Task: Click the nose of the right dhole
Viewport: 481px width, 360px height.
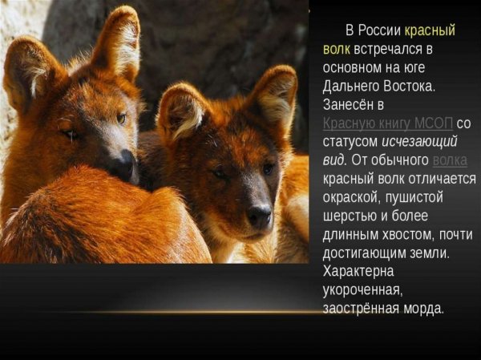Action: (x=259, y=214)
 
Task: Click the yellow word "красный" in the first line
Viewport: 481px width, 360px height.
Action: (x=430, y=30)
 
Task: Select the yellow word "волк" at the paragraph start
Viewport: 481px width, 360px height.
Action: (x=337, y=49)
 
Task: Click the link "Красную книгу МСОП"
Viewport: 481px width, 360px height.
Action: (x=388, y=123)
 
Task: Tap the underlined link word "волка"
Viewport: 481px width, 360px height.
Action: (x=449, y=160)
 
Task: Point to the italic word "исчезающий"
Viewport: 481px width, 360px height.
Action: (x=421, y=141)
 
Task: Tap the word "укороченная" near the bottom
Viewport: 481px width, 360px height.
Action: (x=361, y=289)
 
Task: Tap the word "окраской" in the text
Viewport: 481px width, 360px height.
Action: (x=351, y=196)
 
